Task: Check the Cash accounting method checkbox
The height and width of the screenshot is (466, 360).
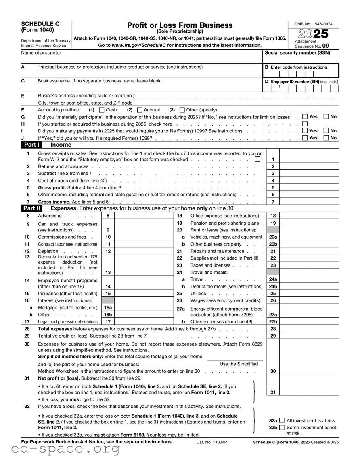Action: (x=101, y=110)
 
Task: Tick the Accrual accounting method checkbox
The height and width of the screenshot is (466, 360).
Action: (x=140, y=110)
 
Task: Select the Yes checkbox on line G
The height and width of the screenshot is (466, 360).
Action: (x=305, y=117)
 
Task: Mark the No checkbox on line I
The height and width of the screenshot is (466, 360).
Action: (x=326, y=131)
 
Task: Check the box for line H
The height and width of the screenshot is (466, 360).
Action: (x=305, y=124)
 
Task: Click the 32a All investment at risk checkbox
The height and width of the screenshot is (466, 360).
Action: (x=282, y=420)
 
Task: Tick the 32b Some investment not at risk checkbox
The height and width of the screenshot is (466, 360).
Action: (x=282, y=427)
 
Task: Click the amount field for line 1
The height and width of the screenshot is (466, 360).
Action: (x=309, y=159)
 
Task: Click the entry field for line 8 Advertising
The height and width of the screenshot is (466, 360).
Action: (x=144, y=216)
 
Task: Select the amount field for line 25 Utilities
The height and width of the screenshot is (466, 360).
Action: (x=309, y=294)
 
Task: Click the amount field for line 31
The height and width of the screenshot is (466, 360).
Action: (x=309, y=392)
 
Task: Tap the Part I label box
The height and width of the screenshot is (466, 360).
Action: (x=32, y=145)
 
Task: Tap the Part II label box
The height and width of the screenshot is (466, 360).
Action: (x=32, y=208)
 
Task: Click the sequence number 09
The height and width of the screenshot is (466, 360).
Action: (x=325, y=46)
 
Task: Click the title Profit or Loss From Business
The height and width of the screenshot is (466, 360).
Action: (x=180, y=25)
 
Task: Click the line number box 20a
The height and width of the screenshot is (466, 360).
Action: (x=273, y=237)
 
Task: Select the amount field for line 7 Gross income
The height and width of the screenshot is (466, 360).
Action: (x=309, y=202)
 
